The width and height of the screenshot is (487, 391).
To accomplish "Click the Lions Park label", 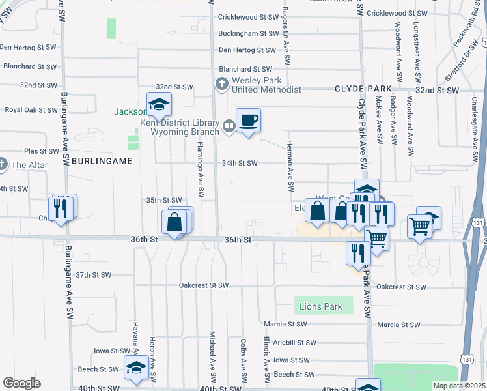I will pos(321,306).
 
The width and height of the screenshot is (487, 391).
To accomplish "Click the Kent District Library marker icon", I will pos(229,126).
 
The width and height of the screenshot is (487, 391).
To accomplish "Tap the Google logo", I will pos(22,383).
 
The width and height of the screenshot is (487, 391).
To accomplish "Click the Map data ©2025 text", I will pos(459,386).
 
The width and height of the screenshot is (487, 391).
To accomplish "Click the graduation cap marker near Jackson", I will pos(158,104).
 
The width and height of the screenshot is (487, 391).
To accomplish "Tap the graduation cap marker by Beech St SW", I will pos(136,367).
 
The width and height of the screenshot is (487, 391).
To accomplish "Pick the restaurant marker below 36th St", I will pos(357,252).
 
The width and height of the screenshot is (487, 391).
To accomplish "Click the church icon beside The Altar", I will pos(3,164).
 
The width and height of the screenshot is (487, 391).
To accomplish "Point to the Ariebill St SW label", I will pos(294,342).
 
